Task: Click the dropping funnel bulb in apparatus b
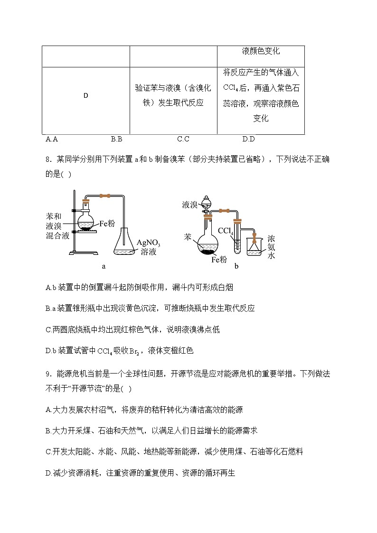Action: tap(206, 202)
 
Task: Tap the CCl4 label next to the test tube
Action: tap(226, 231)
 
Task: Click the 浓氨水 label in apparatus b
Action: tap(271, 247)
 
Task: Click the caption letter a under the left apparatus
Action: tap(104, 266)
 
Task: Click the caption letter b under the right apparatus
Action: tap(236, 266)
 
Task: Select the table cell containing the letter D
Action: tap(86, 95)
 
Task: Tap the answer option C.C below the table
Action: tap(183, 139)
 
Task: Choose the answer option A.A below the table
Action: tap(52, 139)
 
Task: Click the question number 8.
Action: tap(48, 159)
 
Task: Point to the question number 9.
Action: tap(48, 374)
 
